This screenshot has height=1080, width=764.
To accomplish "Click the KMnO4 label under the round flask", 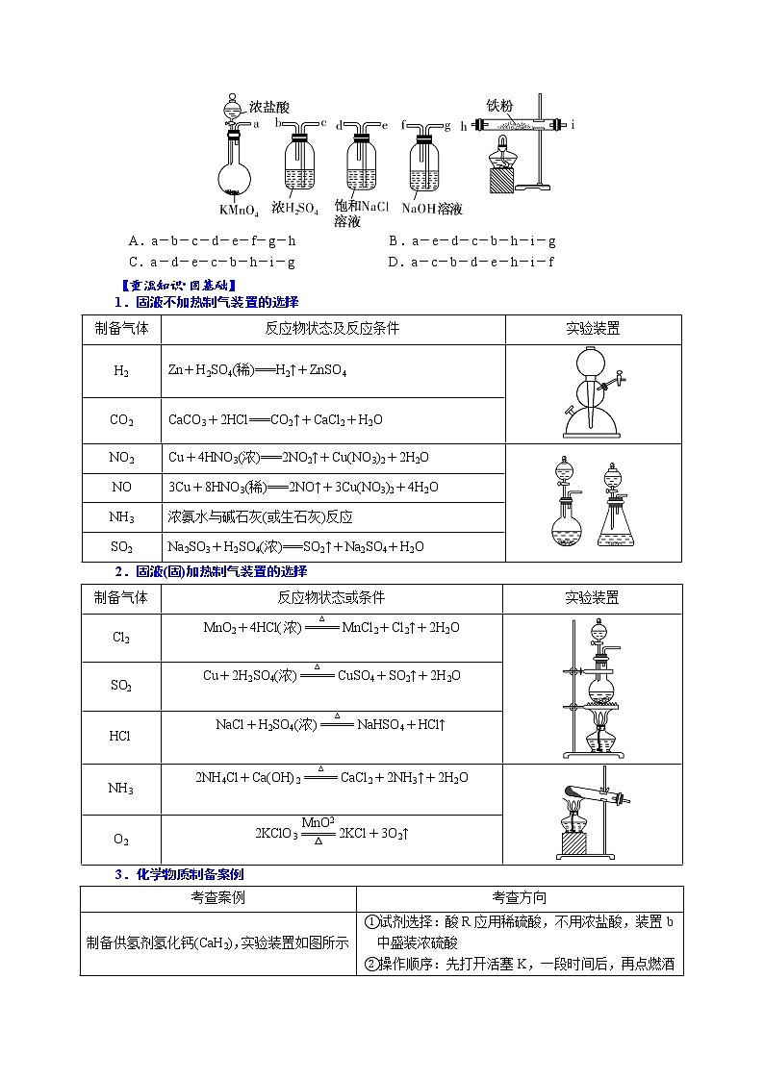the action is tap(238, 210).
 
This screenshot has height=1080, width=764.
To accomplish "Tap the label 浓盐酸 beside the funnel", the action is tap(268, 108).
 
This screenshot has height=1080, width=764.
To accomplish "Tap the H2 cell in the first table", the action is tap(121, 370).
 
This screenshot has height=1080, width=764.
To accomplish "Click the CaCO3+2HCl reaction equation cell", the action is tap(275, 420).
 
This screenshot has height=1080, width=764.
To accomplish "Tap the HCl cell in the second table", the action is tap(121, 736).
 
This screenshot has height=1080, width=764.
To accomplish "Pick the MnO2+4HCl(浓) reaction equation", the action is tap(331, 628).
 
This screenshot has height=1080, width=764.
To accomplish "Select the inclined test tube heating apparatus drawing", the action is tap(593, 814).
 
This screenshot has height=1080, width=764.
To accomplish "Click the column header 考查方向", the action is tap(520, 898).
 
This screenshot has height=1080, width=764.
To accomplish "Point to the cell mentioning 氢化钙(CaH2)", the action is tap(217, 942).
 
